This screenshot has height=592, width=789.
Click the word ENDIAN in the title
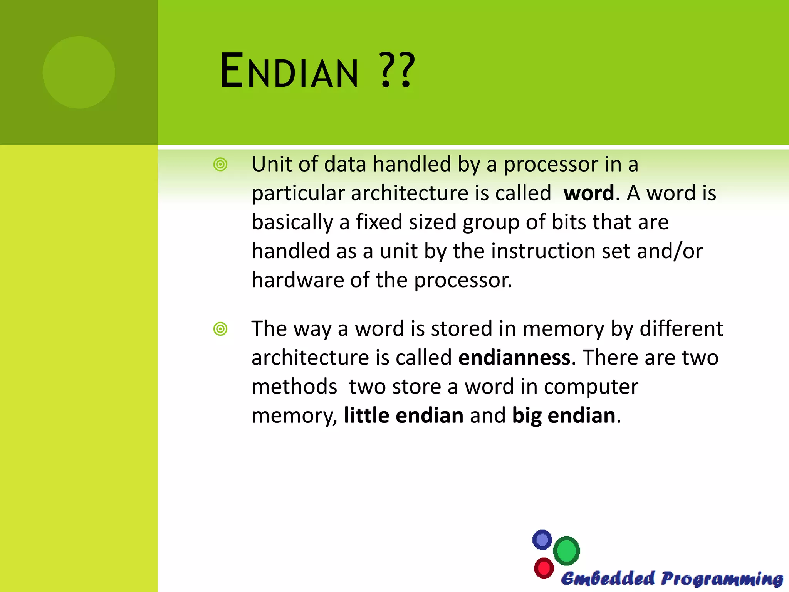pos(289,71)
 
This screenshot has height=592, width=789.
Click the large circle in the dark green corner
pos(79,72)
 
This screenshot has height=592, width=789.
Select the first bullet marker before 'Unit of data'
pos(220,165)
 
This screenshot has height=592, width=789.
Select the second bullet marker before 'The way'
pos(220,329)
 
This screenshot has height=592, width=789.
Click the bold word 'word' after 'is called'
pos(589,193)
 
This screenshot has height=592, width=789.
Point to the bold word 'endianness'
pos(514,358)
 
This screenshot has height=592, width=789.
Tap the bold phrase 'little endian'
pos(403,415)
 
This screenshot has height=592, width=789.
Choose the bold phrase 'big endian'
pos(564,415)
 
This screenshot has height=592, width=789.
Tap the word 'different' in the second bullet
pos(681,329)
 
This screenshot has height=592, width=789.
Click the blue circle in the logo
pos(542,540)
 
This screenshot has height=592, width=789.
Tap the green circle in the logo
pos(566,551)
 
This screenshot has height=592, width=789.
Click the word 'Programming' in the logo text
pos(722,579)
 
